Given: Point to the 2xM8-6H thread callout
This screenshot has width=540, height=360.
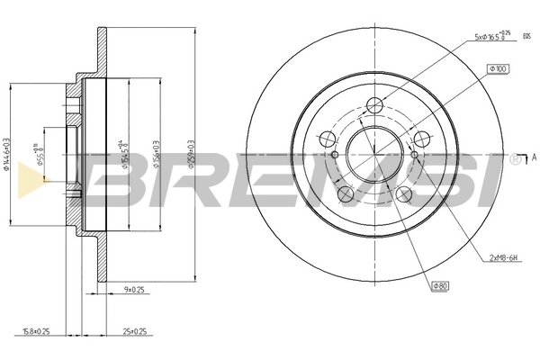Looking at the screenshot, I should point(505,258).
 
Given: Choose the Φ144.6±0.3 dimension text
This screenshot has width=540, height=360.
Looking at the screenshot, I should point(7,153).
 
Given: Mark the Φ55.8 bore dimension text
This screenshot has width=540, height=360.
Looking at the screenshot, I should point(37,155).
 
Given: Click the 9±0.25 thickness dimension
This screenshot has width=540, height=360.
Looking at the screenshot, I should point(133,290).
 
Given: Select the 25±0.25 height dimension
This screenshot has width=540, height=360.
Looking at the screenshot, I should point(135,331).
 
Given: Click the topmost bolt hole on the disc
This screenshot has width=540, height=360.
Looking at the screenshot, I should point(376,109).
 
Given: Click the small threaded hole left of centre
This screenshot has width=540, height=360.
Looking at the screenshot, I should point(335,155).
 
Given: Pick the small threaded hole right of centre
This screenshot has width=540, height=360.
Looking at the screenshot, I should point(414,155).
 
